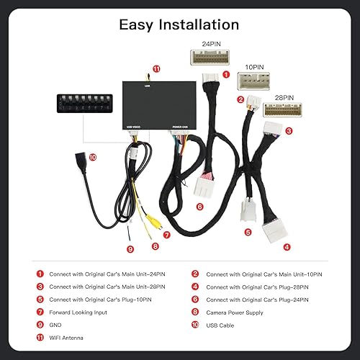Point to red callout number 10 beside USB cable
(92, 156)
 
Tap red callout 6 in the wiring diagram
(199, 206)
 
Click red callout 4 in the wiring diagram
(287, 246)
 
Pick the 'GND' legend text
(56, 325)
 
